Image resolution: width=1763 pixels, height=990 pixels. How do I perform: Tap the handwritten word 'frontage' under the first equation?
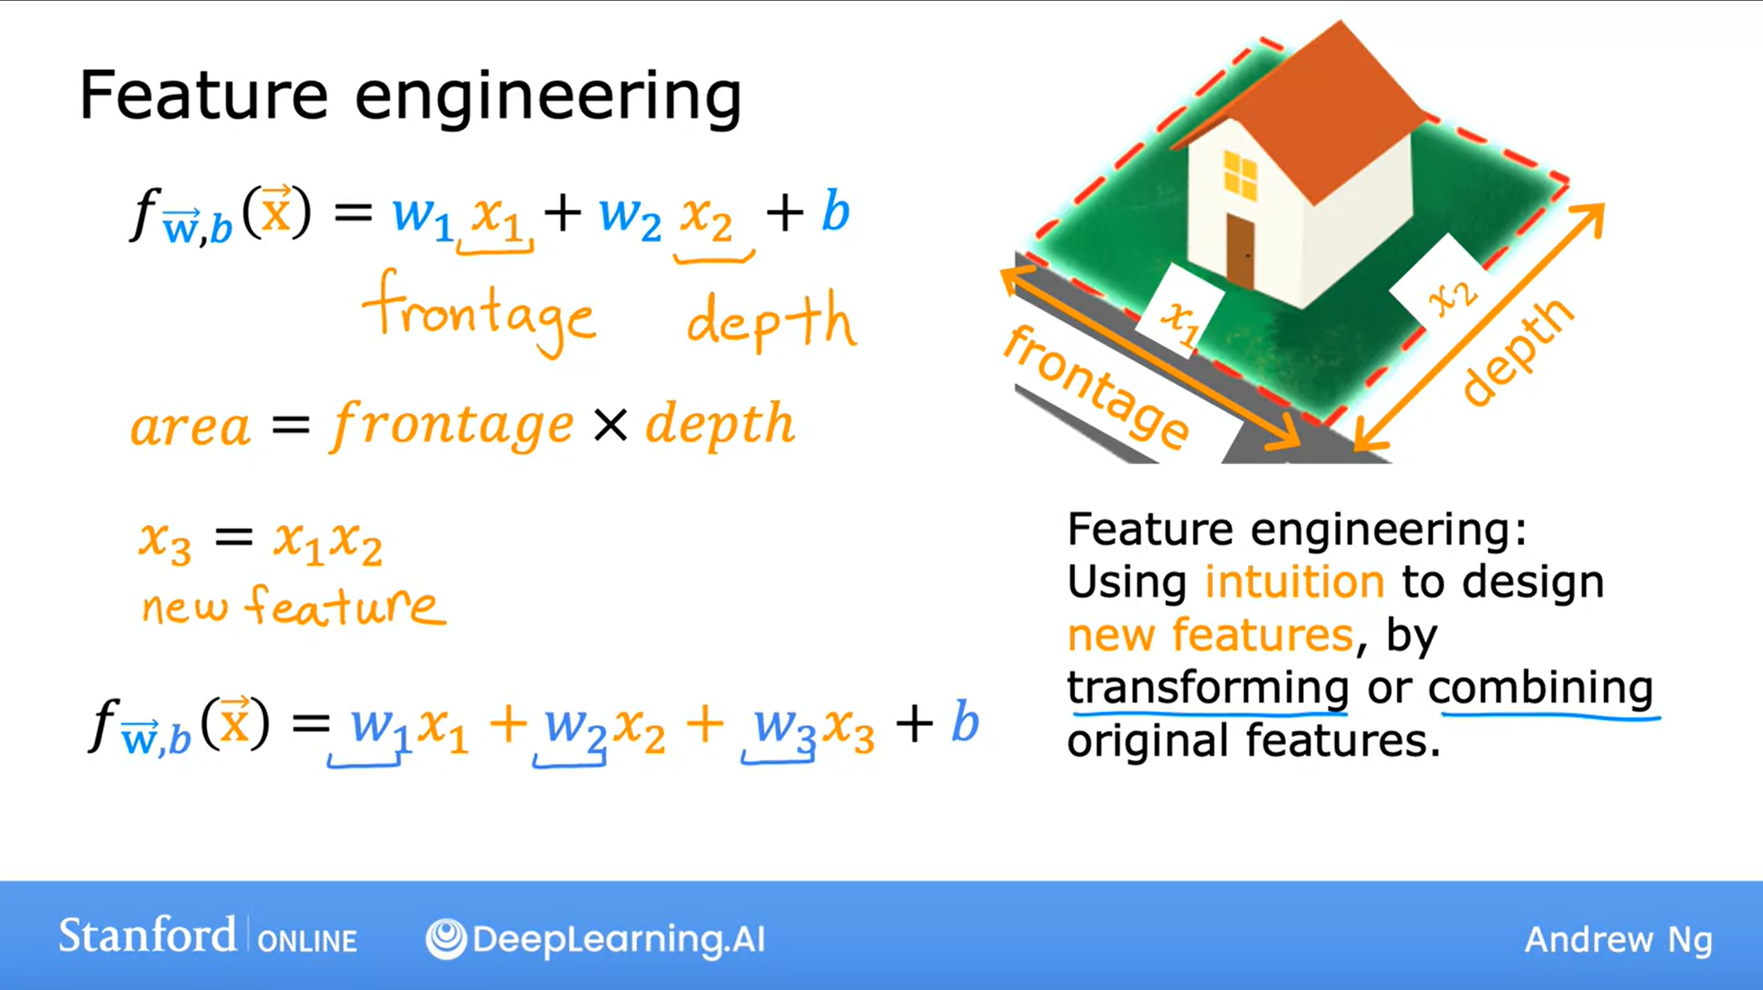pyautogui.click(x=479, y=315)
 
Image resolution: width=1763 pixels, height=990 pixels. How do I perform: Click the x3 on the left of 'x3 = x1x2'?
pyautogui.click(x=165, y=542)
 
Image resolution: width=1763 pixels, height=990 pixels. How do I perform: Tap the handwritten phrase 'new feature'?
pyautogui.click(x=293, y=606)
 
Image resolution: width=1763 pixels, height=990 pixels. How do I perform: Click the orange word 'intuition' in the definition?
pyautogui.click(x=1295, y=582)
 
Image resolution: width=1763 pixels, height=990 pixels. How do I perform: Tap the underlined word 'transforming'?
pyautogui.click(x=1208, y=688)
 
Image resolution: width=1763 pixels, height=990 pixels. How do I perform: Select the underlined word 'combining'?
pyautogui.click(x=1541, y=688)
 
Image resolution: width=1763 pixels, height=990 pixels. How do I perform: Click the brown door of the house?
pyautogui.click(x=1240, y=251)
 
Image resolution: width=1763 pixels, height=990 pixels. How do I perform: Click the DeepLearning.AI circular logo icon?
pyautogui.click(x=446, y=939)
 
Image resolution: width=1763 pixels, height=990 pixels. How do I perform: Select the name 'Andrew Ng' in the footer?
pyautogui.click(x=1618, y=939)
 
